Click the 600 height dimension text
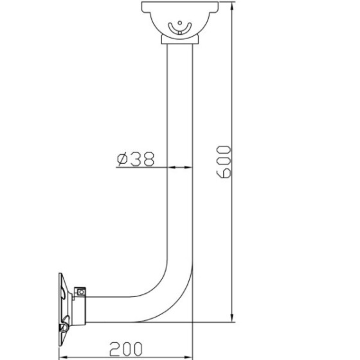pyautogui.click(x=224, y=161)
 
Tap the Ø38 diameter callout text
pyautogui.click(x=136, y=159)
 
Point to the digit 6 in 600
pyautogui.click(x=224, y=173)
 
